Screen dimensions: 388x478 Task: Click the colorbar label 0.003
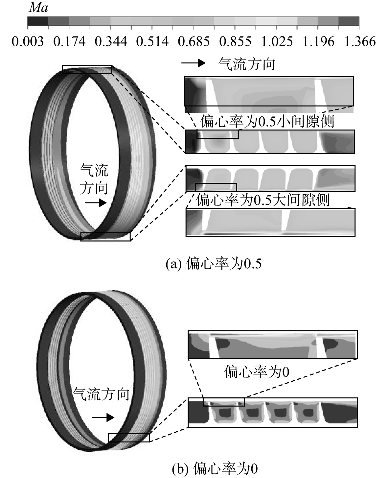tap(28, 41)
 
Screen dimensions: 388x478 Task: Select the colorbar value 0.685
tap(194, 41)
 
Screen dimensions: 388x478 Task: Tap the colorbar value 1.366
tap(360, 41)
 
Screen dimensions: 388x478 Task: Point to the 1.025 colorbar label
tap(277, 41)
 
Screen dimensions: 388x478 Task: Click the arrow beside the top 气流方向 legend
tap(193, 63)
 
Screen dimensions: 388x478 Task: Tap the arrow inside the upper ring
tap(96, 203)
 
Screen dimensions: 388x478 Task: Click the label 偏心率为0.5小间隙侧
tap(267, 121)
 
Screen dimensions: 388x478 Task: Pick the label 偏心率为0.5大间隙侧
tap(262, 200)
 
